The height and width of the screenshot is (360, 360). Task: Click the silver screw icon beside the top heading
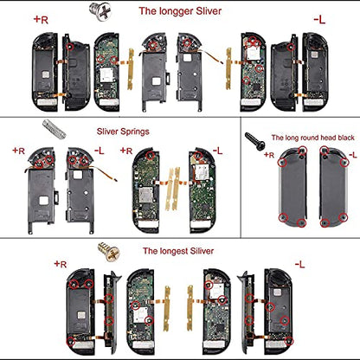pos(100,11)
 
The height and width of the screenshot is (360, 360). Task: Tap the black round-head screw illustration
pos(254,141)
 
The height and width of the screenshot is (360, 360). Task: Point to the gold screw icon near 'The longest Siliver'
pos(108,252)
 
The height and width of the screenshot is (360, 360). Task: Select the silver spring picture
pos(55,129)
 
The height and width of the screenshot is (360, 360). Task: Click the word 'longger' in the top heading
pos(171,11)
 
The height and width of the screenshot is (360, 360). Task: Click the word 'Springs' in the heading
pos(135,132)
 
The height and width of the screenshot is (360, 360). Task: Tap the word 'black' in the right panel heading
pos(344,138)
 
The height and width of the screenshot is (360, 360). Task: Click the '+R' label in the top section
pos(41,20)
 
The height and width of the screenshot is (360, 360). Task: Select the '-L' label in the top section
pos(319,20)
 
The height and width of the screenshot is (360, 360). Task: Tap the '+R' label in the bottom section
pos(61,264)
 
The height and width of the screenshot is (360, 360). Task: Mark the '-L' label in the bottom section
pos(299,264)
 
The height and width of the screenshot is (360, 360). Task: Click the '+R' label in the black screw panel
pos(269,155)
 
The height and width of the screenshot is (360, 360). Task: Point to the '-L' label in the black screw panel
pos(353,155)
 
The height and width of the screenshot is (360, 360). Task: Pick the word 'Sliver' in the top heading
pos(209,11)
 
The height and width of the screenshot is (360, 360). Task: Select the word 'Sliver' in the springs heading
pos(107,132)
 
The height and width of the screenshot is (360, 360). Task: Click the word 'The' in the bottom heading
pos(150,251)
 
